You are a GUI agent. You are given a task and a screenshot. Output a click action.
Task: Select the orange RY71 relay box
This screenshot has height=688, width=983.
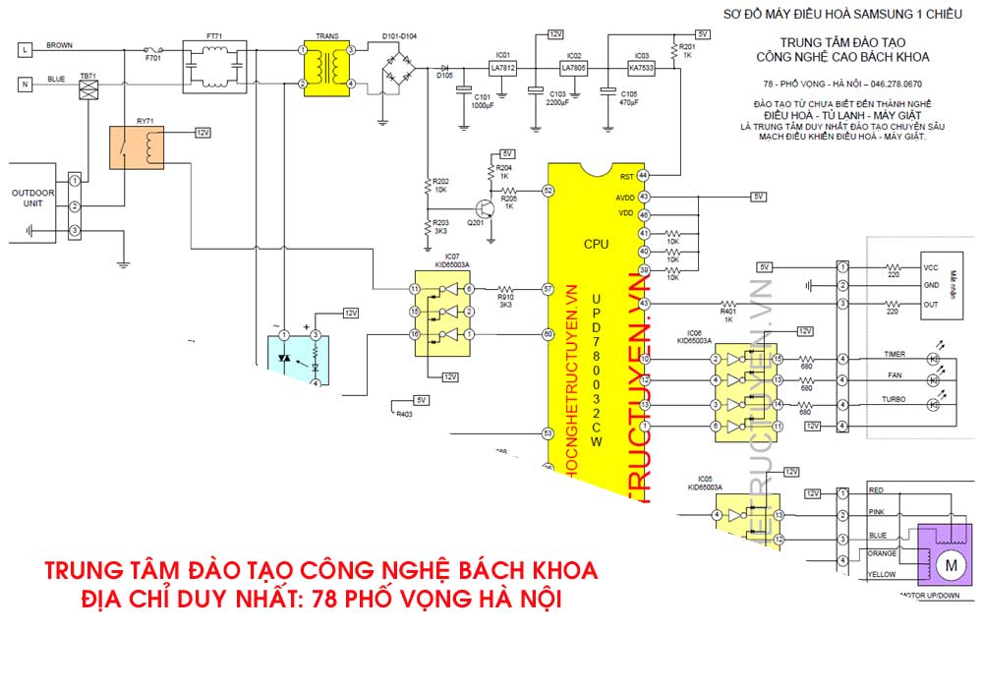click(137, 148)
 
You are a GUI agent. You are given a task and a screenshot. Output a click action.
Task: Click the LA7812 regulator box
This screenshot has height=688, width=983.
click(503, 67)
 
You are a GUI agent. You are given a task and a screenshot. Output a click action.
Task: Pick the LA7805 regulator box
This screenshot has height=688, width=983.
click(574, 67)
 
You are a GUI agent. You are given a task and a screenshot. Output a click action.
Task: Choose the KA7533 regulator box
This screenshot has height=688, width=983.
click(642, 67)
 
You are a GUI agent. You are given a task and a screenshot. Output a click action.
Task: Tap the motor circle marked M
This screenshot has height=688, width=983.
click(951, 564)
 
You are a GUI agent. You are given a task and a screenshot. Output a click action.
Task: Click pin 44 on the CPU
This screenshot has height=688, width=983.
click(644, 175)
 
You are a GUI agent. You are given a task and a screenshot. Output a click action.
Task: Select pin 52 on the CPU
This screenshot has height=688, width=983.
click(548, 191)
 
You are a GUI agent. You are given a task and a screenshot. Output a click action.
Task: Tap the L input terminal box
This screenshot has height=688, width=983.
click(26, 47)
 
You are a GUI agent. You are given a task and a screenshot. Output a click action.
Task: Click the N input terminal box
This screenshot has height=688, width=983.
click(26, 85)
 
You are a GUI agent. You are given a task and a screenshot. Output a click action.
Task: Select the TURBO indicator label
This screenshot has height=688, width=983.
click(893, 400)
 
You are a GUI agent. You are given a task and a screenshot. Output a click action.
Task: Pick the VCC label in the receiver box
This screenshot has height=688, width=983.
click(932, 267)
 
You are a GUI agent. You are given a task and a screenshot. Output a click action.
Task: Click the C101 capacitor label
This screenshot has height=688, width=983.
click(483, 97)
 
